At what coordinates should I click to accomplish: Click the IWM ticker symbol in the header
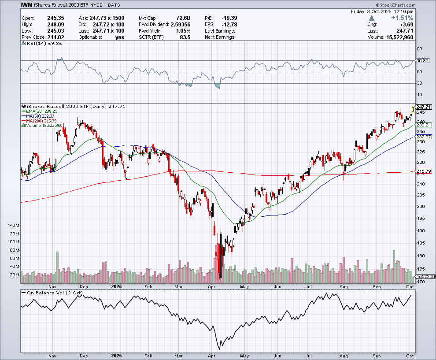pyautogui.click(x=26, y=4)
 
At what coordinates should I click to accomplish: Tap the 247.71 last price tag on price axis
pyautogui.click(x=423, y=107)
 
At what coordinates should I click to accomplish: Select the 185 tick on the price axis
pyautogui.click(x=420, y=243)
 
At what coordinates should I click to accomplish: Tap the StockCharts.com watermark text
pyautogui.click(x=412, y=4)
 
